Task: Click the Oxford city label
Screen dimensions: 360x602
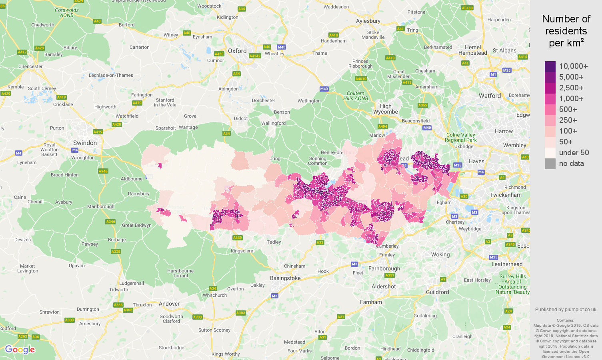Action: tap(237, 51)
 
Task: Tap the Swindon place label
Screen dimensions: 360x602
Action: tap(85, 143)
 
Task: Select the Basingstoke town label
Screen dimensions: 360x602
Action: tap(285, 278)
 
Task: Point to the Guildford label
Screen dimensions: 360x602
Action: tap(437, 292)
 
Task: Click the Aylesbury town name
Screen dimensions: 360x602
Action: tap(368, 21)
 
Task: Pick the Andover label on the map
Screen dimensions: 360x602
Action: tap(169, 304)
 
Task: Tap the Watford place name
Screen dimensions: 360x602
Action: tap(490, 96)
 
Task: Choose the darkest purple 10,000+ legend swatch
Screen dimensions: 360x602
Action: tap(550, 66)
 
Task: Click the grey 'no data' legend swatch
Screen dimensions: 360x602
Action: tap(550, 164)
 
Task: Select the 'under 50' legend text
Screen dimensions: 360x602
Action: tap(574, 152)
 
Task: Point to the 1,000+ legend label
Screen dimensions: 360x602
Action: tap(571, 98)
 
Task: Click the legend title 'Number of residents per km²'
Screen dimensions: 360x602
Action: tap(566, 31)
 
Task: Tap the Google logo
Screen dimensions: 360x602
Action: tap(20, 350)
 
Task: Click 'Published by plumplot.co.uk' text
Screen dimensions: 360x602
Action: tap(566, 309)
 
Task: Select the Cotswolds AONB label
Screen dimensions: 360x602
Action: tap(67, 13)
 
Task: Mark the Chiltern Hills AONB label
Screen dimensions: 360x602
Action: tap(356, 96)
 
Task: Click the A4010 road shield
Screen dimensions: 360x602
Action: tap(361, 79)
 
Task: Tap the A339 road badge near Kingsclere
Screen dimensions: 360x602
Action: tap(237, 238)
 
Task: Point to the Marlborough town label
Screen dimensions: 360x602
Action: tap(101, 206)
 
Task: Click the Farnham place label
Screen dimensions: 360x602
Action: tap(371, 302)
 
